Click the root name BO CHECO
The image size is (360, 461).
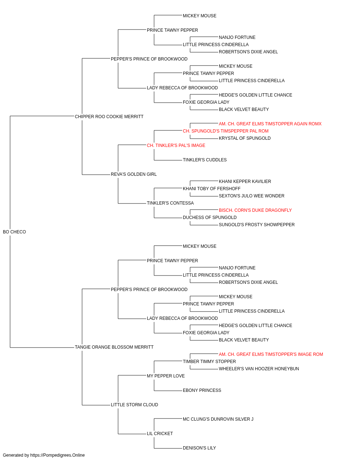(14, 232)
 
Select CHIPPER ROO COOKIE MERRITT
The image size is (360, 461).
(109, 116)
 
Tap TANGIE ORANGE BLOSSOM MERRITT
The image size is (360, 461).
(114, 347)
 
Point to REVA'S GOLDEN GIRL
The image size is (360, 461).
(134, 174)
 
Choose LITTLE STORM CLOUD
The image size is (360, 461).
(134, 404)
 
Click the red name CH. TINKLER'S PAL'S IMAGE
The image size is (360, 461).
(176, 145)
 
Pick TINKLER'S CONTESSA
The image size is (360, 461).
(170, 203)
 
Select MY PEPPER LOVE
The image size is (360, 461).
(166, 376)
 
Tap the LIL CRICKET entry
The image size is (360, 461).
(160, 433)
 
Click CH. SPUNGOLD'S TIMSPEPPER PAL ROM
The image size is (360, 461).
(226, 131)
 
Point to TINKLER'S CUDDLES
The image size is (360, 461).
(204, 160)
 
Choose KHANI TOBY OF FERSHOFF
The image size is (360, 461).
(212, 189)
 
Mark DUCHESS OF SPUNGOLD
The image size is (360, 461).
(210, 218)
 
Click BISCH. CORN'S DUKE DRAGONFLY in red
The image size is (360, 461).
(255, 210)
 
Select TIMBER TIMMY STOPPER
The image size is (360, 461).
(209, 361)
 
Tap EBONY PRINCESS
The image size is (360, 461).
(202, 390)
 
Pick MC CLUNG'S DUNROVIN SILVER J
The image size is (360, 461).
(218, 419)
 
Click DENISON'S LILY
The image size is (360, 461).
(199, 448)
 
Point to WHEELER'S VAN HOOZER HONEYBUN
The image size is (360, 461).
(259, 368)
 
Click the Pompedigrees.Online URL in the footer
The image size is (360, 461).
(58, 455)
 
